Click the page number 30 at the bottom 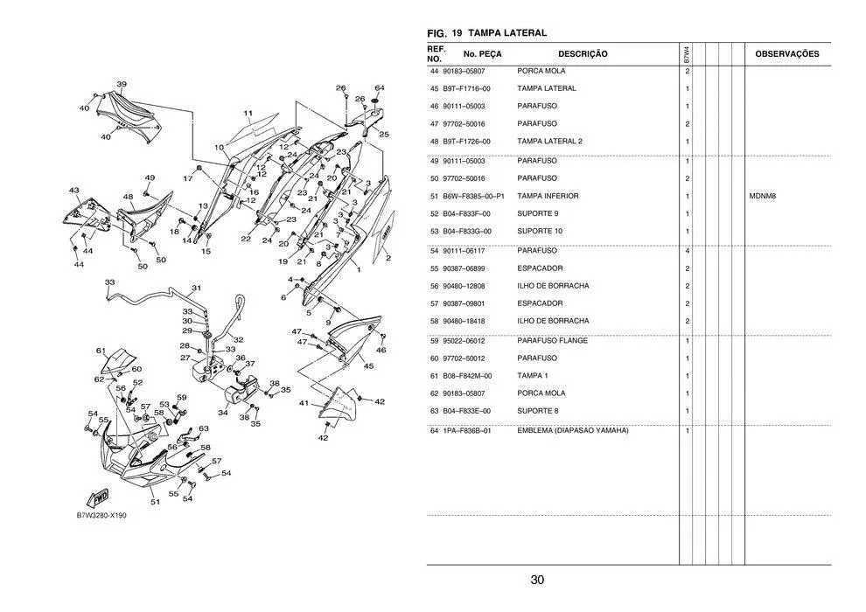[537, 581]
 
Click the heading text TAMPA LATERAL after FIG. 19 [507, 33]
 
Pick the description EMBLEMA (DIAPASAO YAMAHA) [572, 430]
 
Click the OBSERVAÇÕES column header [786, 54]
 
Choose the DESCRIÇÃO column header [583, 54]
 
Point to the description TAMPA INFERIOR [548, 196]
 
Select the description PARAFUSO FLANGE [552, 340]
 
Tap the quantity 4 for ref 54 [688, 251]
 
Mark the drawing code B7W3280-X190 [101, 516]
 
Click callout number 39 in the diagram [122, 84]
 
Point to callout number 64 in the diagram [379, 88]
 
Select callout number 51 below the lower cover [155, 502]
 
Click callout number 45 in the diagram [368, 366]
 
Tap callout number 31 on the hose [197, 288]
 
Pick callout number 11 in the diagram [248, 114]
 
